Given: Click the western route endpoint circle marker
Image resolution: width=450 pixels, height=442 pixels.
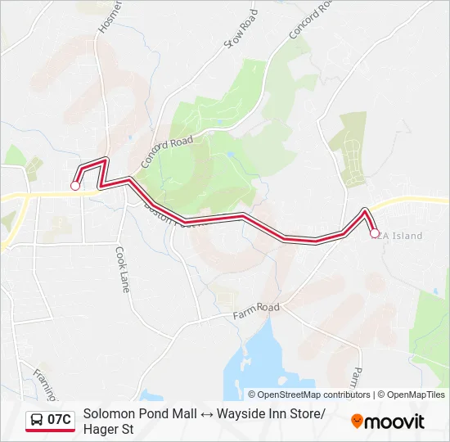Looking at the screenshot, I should (75, 186).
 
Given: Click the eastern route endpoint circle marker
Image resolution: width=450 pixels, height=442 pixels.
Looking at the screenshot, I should (375, 233).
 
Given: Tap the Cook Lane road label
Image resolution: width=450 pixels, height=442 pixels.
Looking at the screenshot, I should (123, 270).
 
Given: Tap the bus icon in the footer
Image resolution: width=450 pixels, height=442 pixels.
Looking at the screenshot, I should (37, 421).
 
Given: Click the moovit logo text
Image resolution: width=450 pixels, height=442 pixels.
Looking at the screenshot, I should (395, 422).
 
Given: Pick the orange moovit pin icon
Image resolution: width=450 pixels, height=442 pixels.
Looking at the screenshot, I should (357, 422).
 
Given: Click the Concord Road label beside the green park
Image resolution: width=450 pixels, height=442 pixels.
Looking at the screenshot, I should (167, 151).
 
